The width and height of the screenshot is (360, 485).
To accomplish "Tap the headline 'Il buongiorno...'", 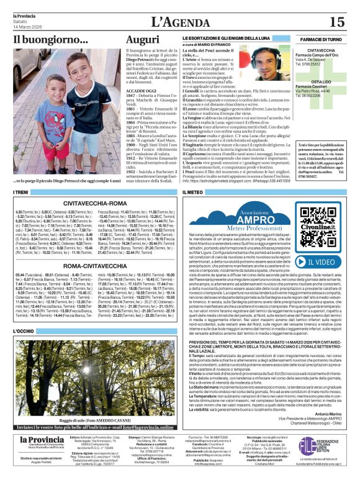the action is click(51, 40).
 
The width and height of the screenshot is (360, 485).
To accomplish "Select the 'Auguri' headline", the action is click(142, 40).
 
